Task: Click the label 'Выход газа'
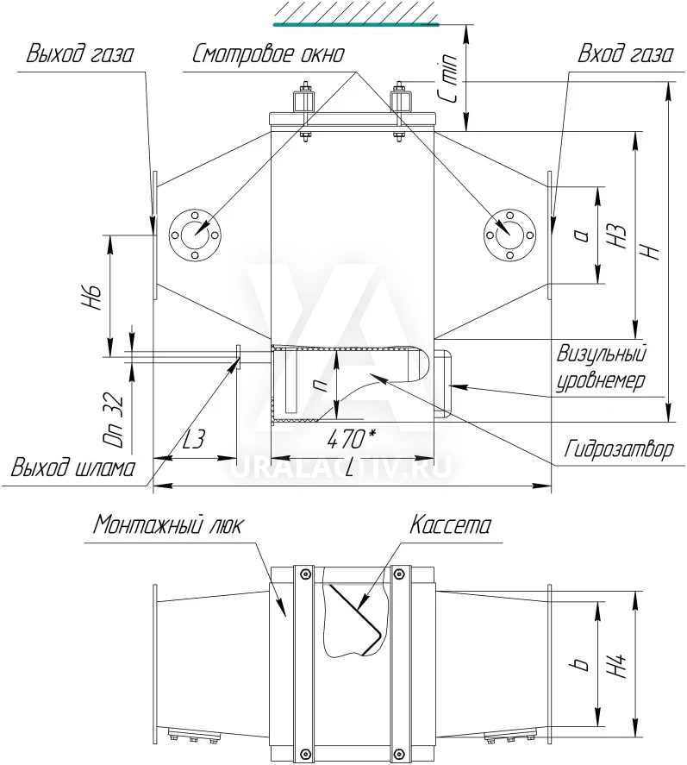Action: coord(79,53)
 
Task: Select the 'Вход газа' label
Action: coord(626,53)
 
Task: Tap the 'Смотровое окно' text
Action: coord(269,53)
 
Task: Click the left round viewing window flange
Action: coord(195,235)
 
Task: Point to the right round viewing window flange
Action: coord(509,235)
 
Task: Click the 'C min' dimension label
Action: coord(448,78)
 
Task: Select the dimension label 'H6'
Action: coord(92,298)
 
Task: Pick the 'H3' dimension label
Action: coord(618,235)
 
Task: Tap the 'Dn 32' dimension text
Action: coord(114,419)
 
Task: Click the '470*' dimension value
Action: coord(351,439)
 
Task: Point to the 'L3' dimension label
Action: coord(194,439)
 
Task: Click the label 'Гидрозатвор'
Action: coord(619,448)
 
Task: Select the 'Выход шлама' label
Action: coord(73,467)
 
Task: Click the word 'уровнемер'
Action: coord(601,380)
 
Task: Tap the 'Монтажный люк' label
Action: coord(167,525)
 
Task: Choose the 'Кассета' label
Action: coord(450,525)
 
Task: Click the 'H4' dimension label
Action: coord(618,664)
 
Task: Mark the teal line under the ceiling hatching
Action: coord(356,24)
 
